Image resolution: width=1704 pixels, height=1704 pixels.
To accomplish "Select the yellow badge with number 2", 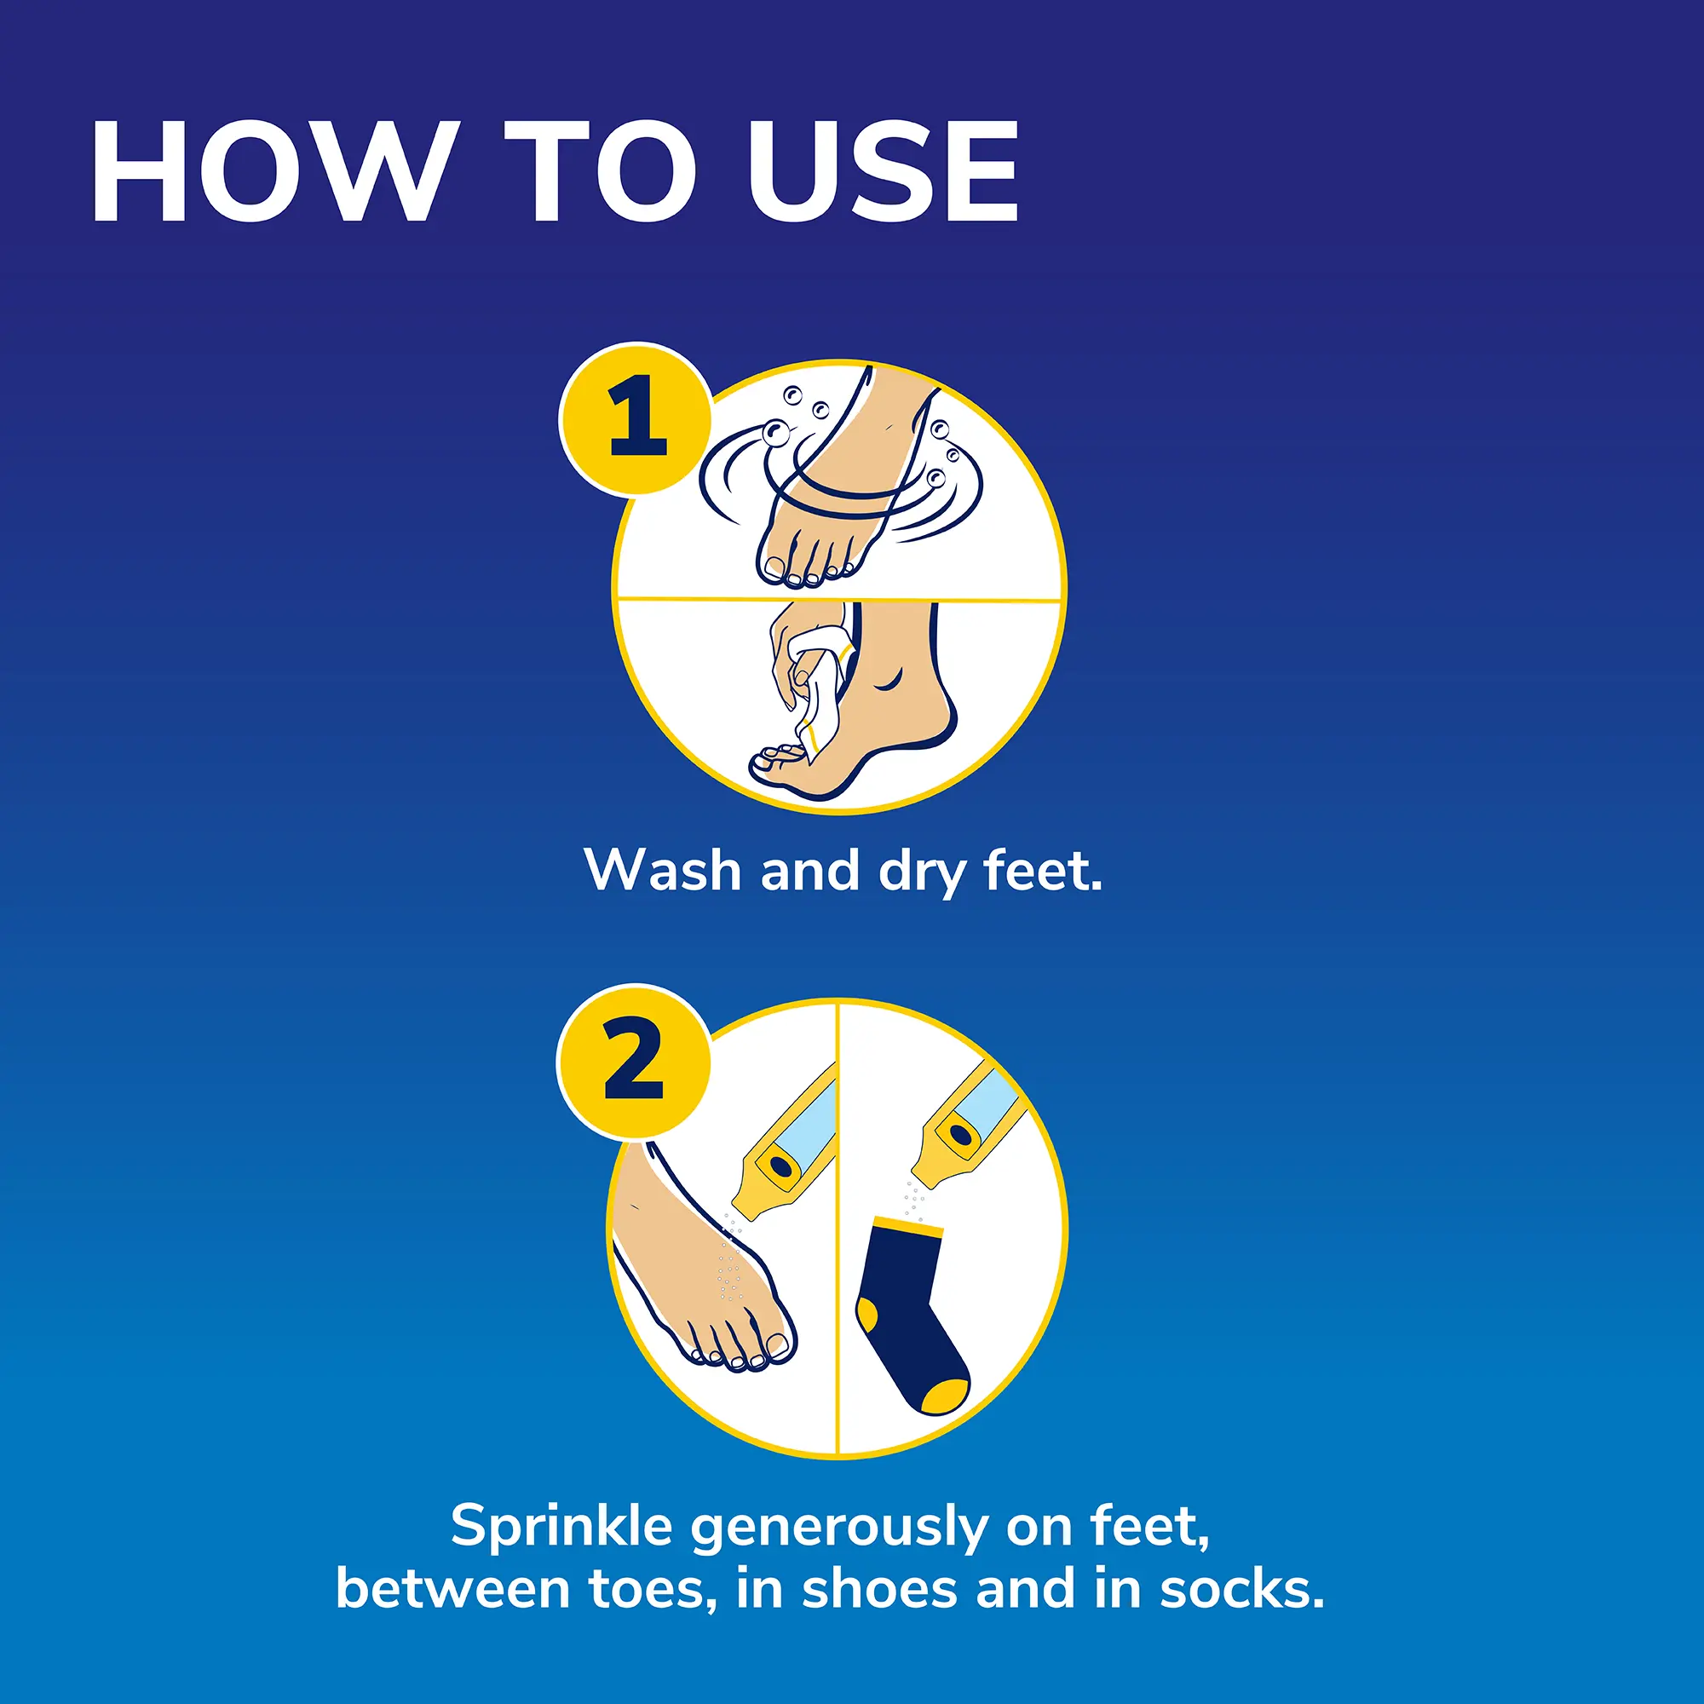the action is [634, 1060].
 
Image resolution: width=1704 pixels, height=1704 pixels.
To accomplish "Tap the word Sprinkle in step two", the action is [561, 1525].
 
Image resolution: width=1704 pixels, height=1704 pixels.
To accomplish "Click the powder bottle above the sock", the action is [966, 1125].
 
